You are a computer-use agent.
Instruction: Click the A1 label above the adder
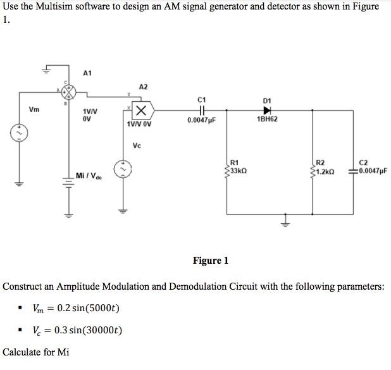click(87, 73)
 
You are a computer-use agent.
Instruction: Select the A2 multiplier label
click(143, 87)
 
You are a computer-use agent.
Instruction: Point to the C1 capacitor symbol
click(201, 110)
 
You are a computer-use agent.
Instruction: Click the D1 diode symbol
click(267, 110)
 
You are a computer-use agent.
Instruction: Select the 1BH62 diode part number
click(267, 119)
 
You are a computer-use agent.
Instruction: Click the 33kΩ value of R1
click(239, 171)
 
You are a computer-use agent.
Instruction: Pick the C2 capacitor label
click(363, 163)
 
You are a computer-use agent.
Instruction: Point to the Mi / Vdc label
click(89, 175)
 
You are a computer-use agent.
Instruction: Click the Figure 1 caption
click(211, 261)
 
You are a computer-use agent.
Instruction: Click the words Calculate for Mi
click(36, 352)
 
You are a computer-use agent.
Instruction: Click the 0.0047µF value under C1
click(201, 119)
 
